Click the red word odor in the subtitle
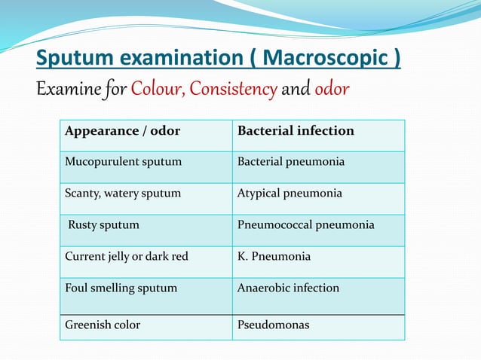pyautogui.click(x=332, y=90)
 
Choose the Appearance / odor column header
pyautogui.click(x=122, y=131)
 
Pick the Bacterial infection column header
pyautogui.click(x=296, y=131)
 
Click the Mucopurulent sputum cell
pyautogui.click(x=123, y=162)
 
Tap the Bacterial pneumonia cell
pyautogui.click(x=291, y=162)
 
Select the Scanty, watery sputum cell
pyautogui.click(x=123, y=194)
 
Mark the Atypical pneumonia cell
pyautogui.click(x=290, y=194)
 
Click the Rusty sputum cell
pyautogui.click(x=103, y=224)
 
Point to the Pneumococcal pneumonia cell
pyautogui.click(x=305, y=224)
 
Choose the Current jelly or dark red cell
pyautogui.click(x=126, y=256)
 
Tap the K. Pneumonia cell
pyautogui.click(x=274, y=256)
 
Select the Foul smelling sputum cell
pyautogui.click(x=121, y=288)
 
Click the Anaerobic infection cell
pyautogui.click(x=288, y=288)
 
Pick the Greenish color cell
pyautogui.click(x=103, y=325)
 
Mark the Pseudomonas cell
pyautogui.click(x=273, y=325)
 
